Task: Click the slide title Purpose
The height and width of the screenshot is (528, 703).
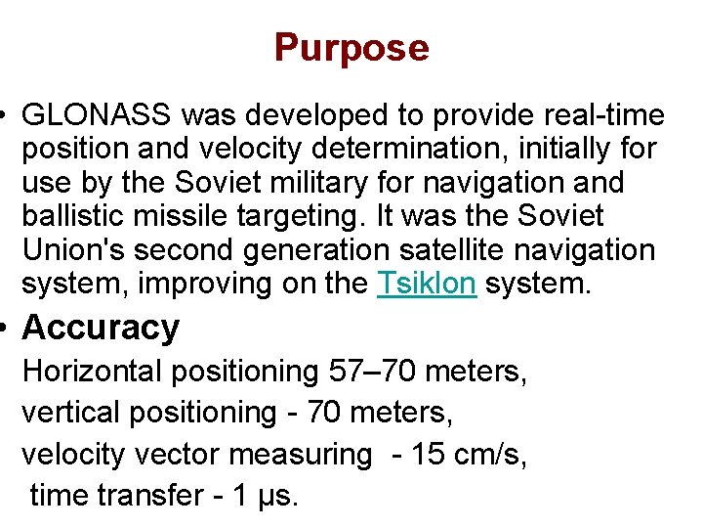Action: point(351,47)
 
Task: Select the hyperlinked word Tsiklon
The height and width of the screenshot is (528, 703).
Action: point(427,284)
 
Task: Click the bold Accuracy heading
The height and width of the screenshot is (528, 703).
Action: point(101,328)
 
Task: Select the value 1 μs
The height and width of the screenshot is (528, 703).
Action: point(260,495)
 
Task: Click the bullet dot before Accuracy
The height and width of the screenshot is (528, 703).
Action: point(7,329)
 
